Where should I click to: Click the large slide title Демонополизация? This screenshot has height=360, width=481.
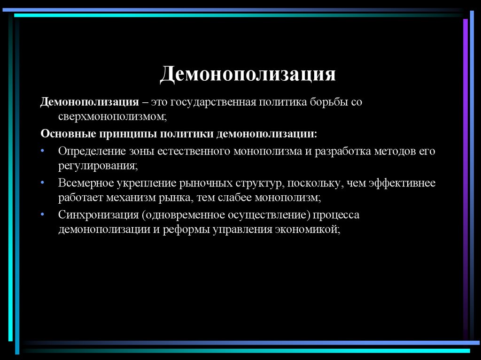pyautogui.click(x=248, y=74)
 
